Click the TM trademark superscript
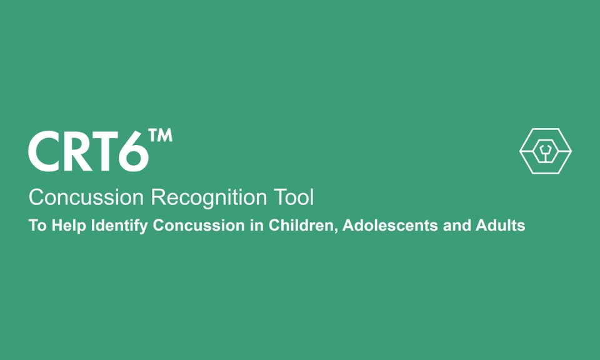pyautogui.click(x=161, y=136)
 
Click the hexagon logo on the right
pyautogui.click(x=546, y=151)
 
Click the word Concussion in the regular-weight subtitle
pyautogui.click(x=86, y=198)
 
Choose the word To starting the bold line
pyautogui.click(x=37, y=226)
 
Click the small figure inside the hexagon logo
pyautogui.click(x=546, y=151)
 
